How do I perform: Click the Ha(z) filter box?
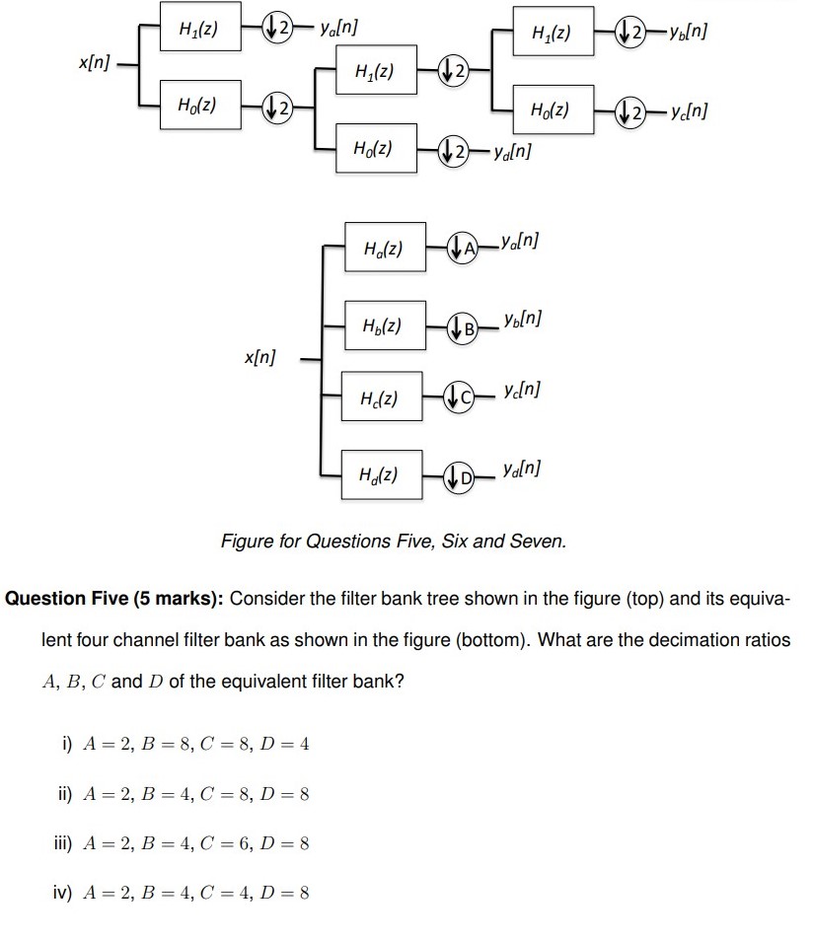[384, 246]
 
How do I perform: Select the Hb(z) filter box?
[382, 325]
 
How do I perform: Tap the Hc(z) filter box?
[381, 397]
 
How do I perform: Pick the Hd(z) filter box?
[380, 474]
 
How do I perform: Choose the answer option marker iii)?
[67, 843]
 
